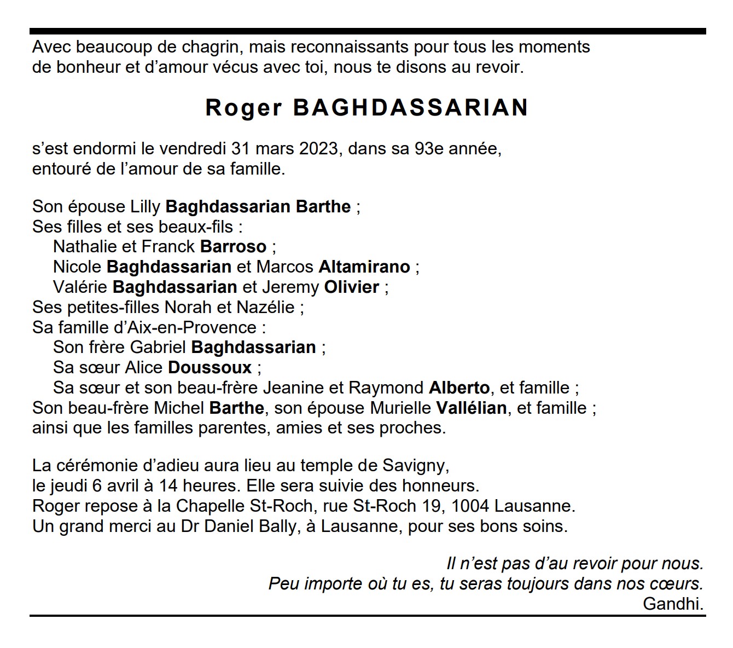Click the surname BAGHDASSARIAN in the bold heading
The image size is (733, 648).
pyautogui.click(x=411, y=108)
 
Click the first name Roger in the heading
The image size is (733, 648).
pyautogui.click(x=243, y=108)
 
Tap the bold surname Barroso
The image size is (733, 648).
pyautogui.click(x=233, y=246)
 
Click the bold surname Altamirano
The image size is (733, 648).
pyautogui.click(x=364, y=267)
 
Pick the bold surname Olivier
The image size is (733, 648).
pyautogui.click(x=352, y=287)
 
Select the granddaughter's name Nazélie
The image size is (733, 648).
pyautogui.click(x=265, y=307)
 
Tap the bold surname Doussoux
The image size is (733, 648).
pyautogui.click(x=210, y=367)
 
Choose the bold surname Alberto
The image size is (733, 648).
pyautogui.click(x=459, y=387)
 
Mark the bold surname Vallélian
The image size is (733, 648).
pyautogui.click(x=471, y=408)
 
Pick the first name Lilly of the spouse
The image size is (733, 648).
pyautogui.click(x=145, y=206)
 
